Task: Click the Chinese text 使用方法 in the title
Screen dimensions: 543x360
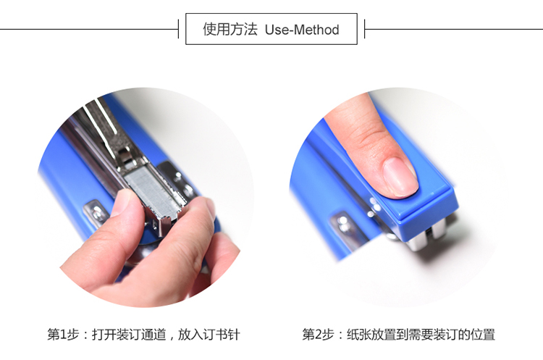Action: click(230, 29)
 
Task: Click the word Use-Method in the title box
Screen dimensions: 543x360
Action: click(302, 30)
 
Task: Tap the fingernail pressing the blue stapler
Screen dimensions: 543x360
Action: click(400, 177)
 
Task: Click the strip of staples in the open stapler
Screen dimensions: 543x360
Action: click(151, 192)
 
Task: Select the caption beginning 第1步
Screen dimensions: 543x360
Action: click(143, 335)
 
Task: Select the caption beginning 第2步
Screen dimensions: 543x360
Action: click(398, 335)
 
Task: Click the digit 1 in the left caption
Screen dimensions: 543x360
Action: click(63, 335)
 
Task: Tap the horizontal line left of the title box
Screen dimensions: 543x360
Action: click(89, 29)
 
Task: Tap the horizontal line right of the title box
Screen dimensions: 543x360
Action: click(454, 29)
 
